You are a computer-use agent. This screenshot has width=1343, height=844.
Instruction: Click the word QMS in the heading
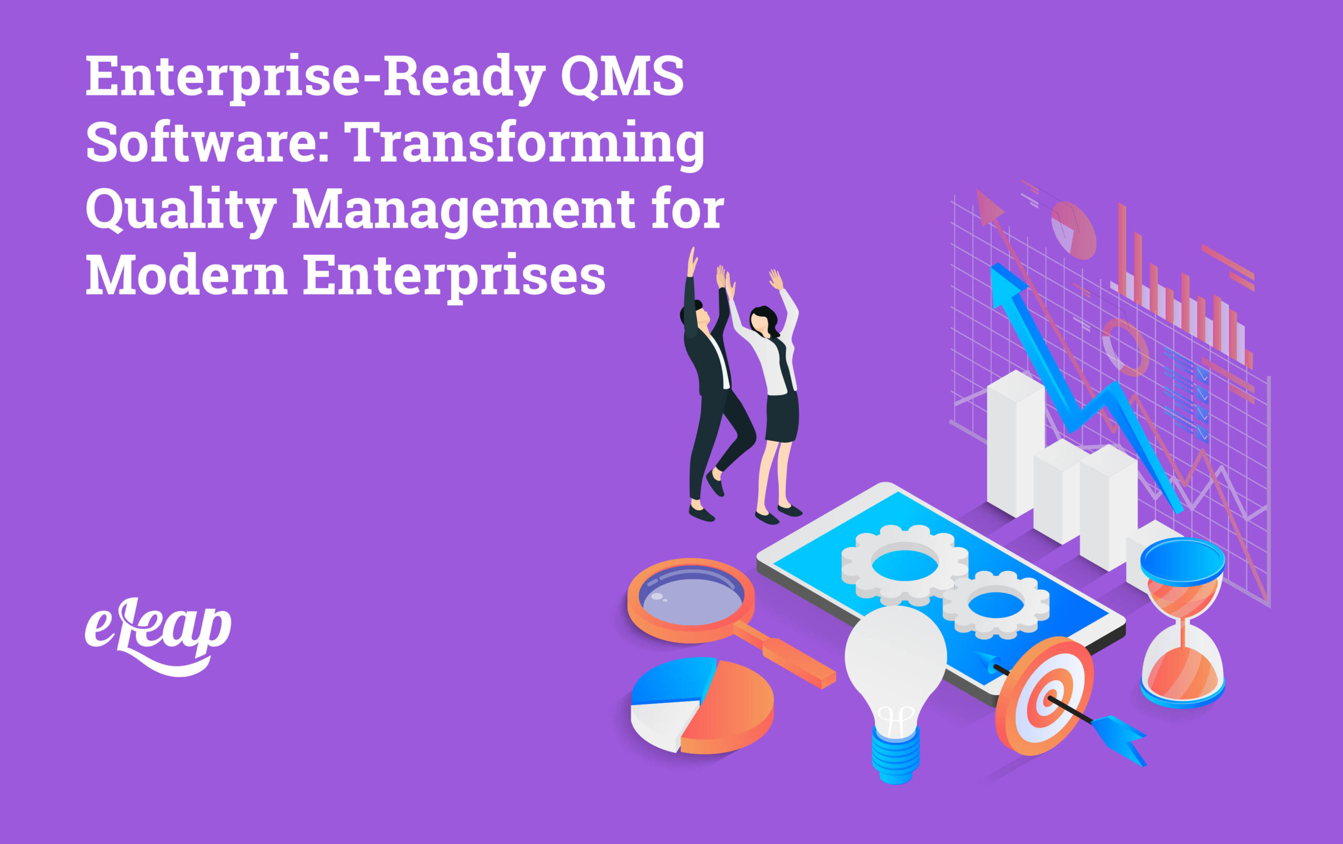click(x=621, y=77)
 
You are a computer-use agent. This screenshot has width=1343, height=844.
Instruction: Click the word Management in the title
click(x=463, y=210)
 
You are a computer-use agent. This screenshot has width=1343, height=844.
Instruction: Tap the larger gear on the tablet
click(x=904, y=564)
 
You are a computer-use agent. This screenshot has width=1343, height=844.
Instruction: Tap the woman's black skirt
click(x=782, y=416)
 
